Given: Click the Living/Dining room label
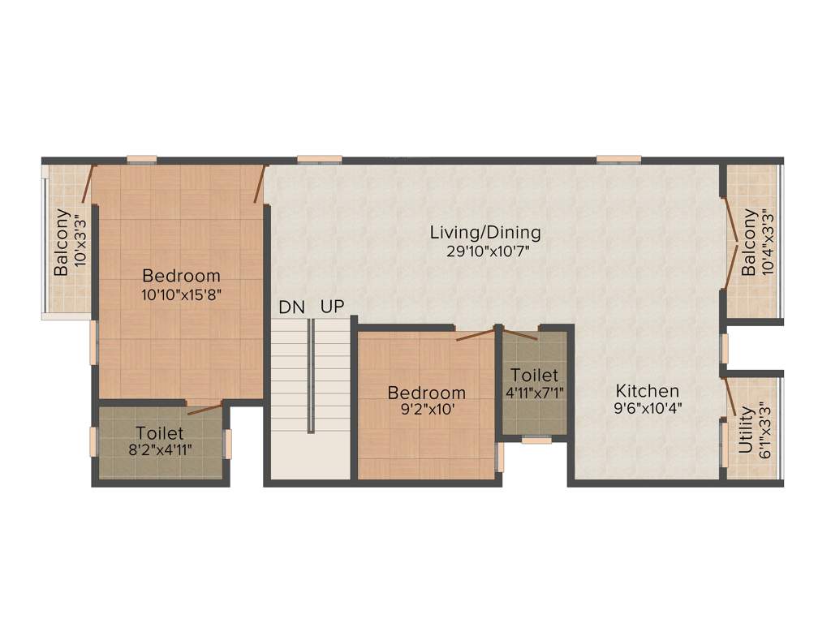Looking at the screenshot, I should tap(485, 233).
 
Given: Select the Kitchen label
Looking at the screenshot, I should tap(647, 391).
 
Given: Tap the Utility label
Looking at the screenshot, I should tap(745, 430).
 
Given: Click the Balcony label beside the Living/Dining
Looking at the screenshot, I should tap(748, 243).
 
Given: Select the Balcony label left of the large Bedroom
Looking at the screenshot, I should tap(61, 243).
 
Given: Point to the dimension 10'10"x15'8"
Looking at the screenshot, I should tap(181, 294).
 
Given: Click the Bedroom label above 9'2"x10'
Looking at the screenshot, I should tap(427, 393).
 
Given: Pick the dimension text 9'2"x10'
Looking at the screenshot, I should tap(427, 410).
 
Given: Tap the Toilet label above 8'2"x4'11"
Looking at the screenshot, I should tap(160, 433).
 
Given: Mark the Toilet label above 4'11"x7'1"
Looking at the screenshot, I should tap(534, 376).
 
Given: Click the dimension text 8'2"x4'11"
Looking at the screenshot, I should tap(160, 450).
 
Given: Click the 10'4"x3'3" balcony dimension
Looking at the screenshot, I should tap(766, 243).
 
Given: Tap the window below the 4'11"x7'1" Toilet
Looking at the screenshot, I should tap(536, 440).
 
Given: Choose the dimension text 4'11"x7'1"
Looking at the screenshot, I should tap(534, 393).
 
